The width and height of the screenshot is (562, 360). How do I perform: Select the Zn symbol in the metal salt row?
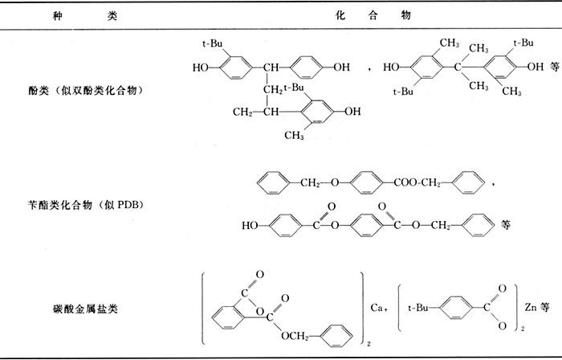pyautogui.click(x=526, y=306)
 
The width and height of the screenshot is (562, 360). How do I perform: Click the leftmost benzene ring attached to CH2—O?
pyautogui.click(x=271, y=183)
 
